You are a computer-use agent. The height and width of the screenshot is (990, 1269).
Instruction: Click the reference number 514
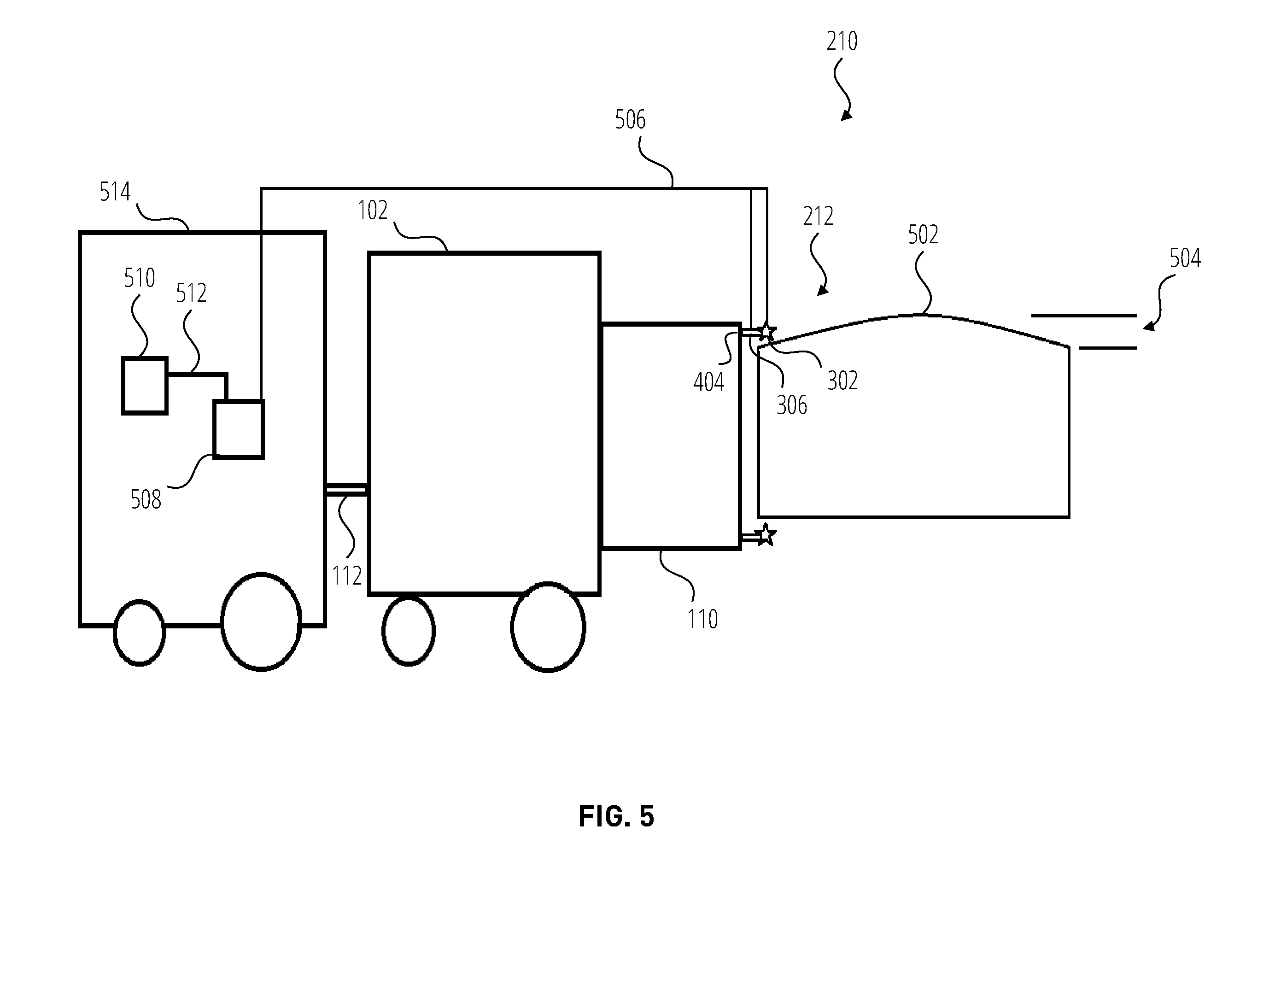115,192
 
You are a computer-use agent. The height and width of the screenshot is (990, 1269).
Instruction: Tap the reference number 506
631,120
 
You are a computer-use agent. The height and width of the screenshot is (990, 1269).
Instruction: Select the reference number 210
842,41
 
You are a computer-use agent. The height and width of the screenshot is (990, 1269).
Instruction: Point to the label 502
923,235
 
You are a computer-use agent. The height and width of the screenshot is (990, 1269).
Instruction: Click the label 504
1185,258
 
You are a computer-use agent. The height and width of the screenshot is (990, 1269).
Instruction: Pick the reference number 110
703,619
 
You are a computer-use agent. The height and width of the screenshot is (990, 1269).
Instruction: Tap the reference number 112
347,576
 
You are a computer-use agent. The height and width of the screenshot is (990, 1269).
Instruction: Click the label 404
709,382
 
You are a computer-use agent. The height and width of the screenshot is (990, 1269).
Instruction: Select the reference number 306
792,405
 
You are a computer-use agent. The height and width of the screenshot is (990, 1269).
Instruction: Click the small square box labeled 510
145,386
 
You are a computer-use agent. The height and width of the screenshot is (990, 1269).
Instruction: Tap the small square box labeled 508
239,429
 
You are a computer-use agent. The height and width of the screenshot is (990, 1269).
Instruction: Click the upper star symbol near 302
767,332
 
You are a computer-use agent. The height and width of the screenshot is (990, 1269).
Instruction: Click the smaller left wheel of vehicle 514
140,633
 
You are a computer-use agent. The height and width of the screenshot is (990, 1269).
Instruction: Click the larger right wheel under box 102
548,627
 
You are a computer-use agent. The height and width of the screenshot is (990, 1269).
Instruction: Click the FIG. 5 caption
616,817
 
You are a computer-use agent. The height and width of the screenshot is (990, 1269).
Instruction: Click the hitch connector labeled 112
347,490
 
